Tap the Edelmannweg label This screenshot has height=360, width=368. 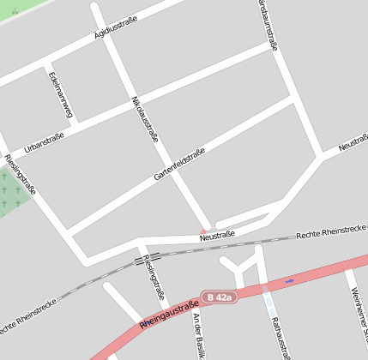[63, 93]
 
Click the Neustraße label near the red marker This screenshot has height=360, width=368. [217, 234]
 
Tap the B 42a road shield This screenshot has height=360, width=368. [218, 297]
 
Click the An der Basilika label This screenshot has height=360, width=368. [198, 336]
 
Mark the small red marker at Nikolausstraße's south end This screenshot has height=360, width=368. [204, 229]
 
